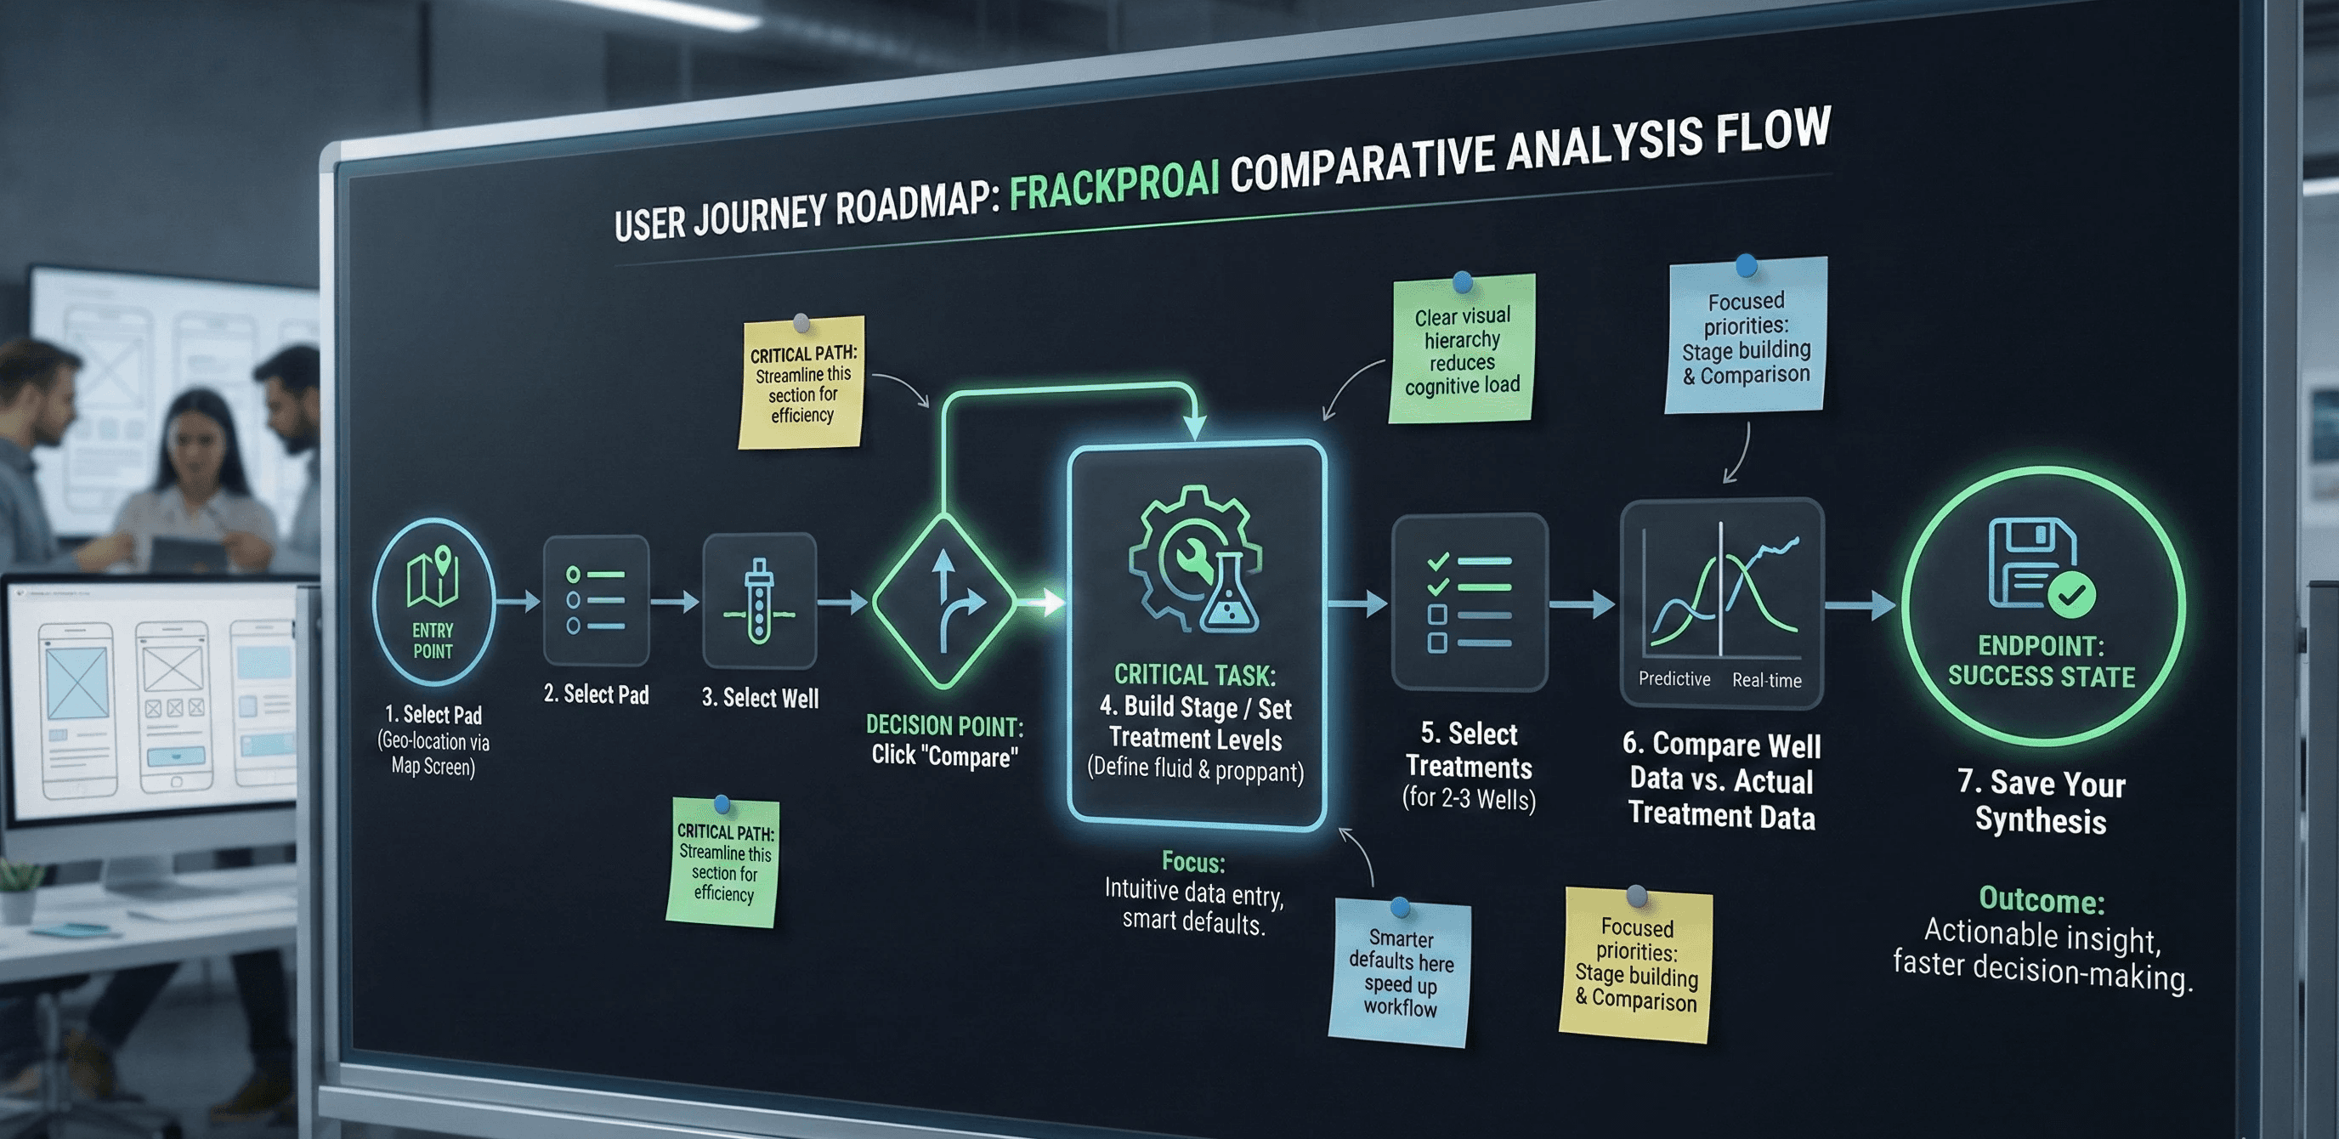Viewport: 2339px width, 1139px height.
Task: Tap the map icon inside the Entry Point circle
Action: (433, 577)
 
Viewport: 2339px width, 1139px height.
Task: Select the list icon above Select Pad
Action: (596, 599)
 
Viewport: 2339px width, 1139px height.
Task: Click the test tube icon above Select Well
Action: (759, 600)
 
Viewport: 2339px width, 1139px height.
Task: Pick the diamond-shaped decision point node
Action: (944, 600)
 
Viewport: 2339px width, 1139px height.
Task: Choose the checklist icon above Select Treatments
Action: (1470, 601)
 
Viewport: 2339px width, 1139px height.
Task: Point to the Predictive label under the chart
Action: (1674, 678)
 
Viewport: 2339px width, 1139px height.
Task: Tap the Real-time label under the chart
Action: (1766, 679)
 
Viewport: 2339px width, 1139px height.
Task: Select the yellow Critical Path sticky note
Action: (801, 383)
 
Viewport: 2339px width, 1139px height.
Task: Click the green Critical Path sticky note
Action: (723, 862)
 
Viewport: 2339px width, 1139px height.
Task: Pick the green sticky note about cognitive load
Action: (1462, 349)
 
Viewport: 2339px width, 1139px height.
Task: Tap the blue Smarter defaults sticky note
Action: (1400, 971)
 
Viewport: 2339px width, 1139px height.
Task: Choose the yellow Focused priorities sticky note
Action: (1636, 965)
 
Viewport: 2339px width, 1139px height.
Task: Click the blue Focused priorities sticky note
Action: (1745, 336)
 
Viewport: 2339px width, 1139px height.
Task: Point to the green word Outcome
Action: (2042, 898)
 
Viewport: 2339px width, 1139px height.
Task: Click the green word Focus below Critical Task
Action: (1193, 861)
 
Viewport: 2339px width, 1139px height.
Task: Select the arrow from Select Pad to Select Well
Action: (675, 600)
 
